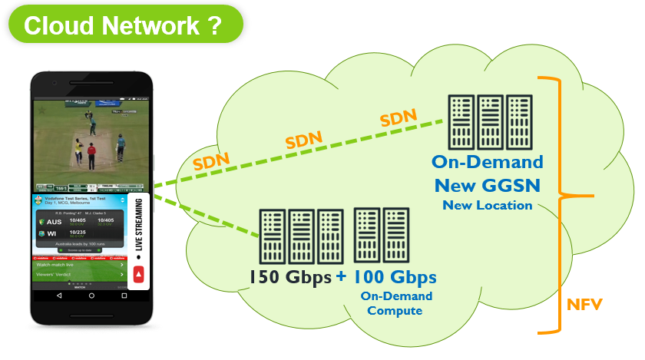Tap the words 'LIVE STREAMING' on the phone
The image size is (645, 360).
139,230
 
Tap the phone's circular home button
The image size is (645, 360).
91,296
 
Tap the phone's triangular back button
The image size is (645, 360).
58,296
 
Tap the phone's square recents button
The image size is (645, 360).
124,296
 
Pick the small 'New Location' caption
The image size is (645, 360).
487,205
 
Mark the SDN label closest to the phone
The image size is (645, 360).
210,162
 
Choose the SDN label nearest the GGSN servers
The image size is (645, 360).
398,117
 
